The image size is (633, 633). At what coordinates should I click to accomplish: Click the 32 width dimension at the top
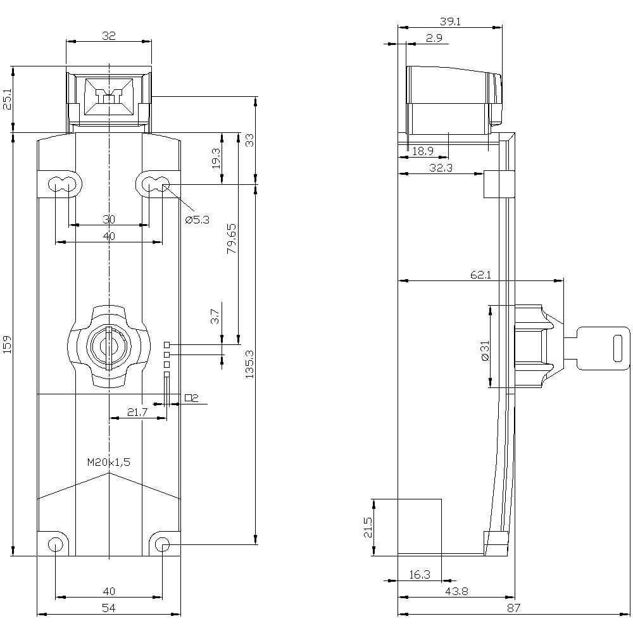pos(108,37)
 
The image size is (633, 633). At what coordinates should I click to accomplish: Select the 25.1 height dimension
pos(7,99)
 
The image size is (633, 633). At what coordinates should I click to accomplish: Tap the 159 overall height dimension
pos(7,345)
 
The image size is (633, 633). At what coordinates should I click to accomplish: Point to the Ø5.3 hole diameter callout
pos(197,220)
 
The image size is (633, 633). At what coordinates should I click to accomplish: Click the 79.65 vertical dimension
pos(232,239)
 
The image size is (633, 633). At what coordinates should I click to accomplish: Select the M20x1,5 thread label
pos(108,462)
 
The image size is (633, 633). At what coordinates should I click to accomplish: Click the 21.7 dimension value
pos(137,412)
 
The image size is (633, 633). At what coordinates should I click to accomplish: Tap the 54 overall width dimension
pos(109,608)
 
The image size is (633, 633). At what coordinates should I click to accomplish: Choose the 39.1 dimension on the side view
pos(450,22)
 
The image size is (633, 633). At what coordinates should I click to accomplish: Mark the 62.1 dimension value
pos(481,275)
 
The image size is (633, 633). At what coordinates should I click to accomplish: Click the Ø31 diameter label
pos(486,350)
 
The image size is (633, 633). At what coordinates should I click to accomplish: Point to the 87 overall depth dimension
pos(513,608)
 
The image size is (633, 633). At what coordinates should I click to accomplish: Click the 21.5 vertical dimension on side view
pos(368,527)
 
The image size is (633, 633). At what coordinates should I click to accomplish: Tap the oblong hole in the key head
pos(618,349)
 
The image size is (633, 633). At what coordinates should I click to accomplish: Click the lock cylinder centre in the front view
pos(109,346)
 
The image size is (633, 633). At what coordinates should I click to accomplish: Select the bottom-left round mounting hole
pos(56,544)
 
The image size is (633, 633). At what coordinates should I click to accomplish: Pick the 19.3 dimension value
pos(216,158)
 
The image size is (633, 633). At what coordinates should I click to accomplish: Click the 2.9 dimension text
pos(434,39)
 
